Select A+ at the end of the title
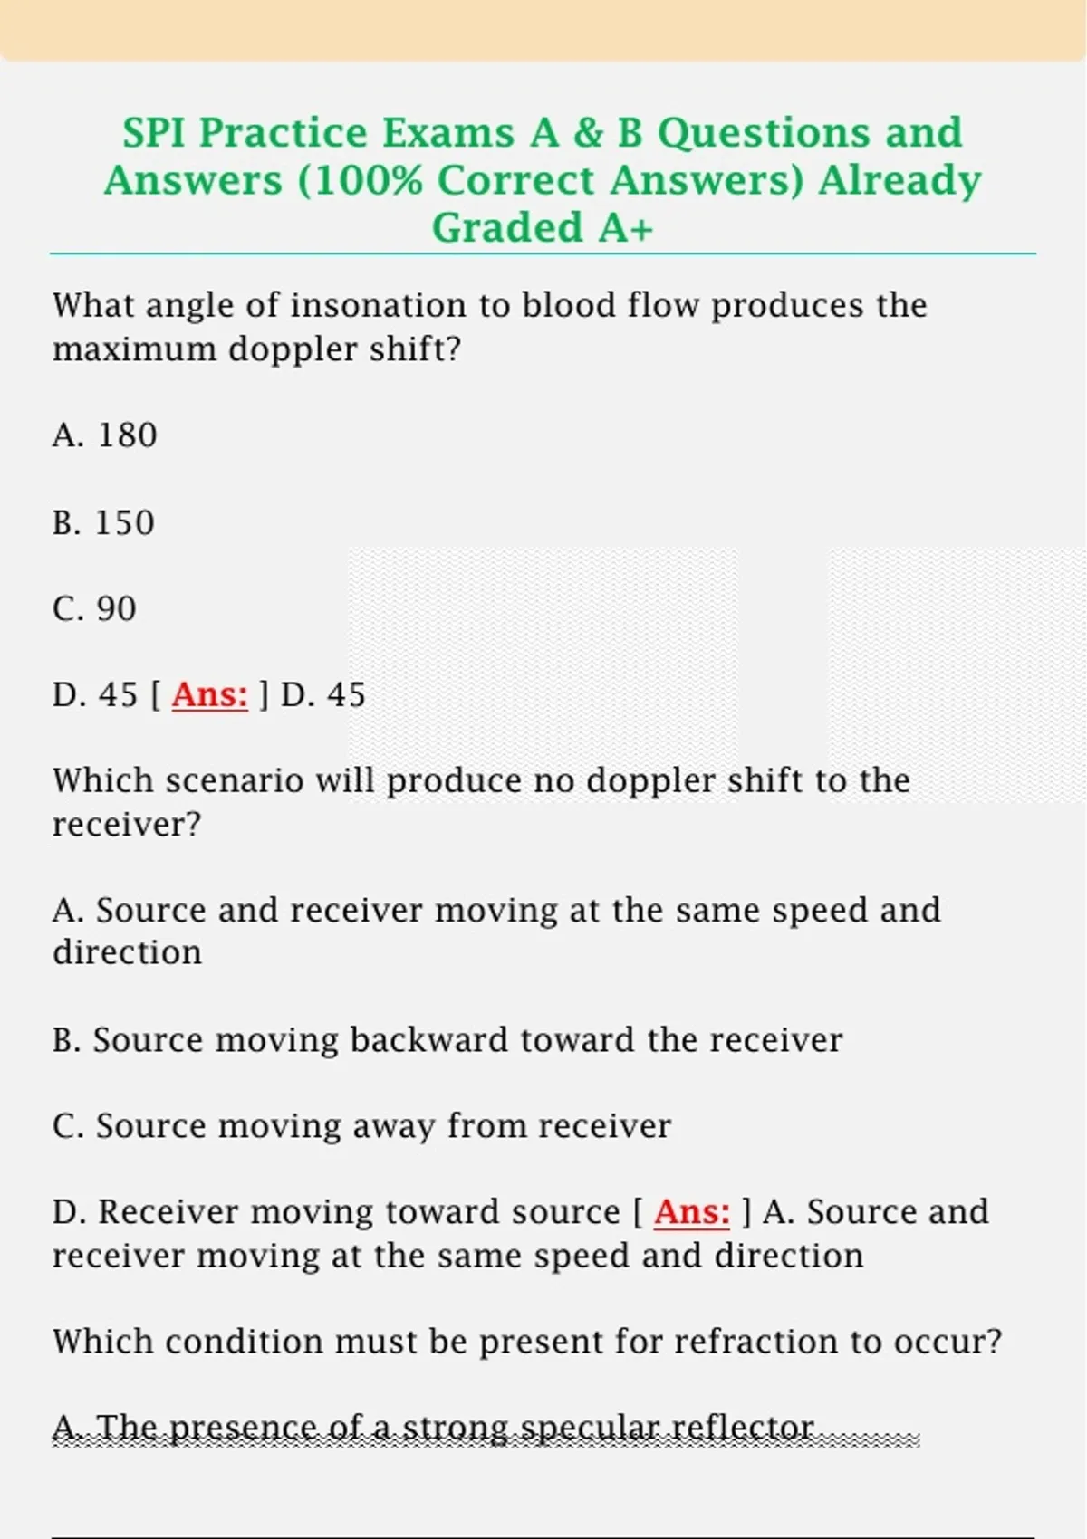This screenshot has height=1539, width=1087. pos(625,227)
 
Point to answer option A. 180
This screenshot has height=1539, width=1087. pos(105,435)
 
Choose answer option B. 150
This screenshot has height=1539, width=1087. pos(103,522)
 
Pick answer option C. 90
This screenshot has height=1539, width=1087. pos(94,608)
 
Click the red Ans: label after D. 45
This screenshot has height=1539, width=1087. pos(209,695)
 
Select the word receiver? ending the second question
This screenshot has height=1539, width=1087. pos(126,825)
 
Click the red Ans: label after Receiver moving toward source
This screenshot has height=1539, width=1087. pos(691,1212)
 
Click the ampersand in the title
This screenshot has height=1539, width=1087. pos(588,133)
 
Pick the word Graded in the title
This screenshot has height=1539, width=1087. pos(507,227)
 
